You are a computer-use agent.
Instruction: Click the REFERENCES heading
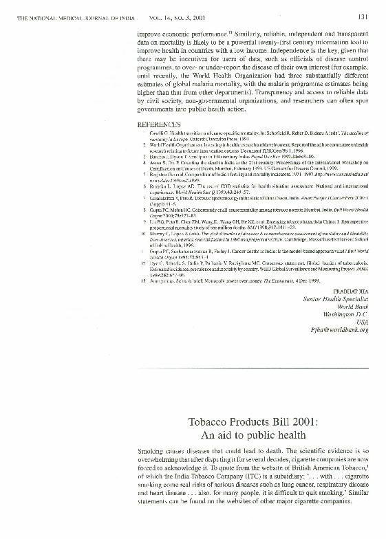(159, 123)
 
